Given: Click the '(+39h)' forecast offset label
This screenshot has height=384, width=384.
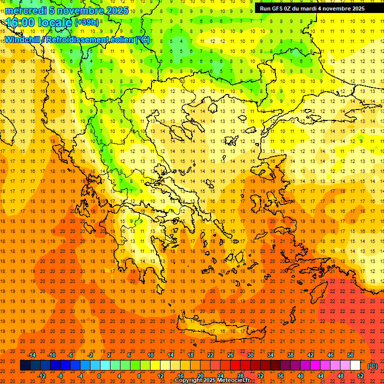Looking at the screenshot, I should click(86, 22).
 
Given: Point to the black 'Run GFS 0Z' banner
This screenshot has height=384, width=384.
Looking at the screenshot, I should click(312, 8).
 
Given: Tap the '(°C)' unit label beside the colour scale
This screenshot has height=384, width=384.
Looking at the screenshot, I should click(372, 366).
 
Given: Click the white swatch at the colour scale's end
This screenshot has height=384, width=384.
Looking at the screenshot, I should click(355, 365).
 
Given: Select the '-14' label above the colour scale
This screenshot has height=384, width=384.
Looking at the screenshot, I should click(32, 355).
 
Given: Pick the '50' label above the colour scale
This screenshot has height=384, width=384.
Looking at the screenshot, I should click(350, 355).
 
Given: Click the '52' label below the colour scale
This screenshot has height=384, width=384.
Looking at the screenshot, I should click(360, 376).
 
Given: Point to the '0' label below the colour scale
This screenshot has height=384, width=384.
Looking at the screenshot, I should click(99, 376).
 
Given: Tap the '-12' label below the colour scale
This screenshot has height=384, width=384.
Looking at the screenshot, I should click(42, 376).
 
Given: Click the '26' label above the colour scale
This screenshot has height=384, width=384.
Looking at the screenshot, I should click(230, 355).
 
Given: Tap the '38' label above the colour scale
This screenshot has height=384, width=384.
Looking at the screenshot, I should click(290, 355).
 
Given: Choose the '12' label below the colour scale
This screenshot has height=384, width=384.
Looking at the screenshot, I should click(160, 376).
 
